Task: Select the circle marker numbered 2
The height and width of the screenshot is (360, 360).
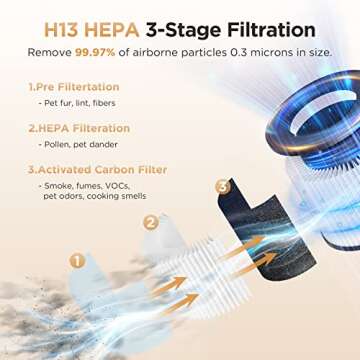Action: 151,222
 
